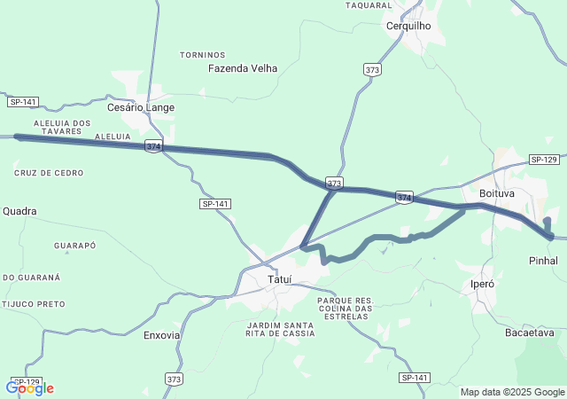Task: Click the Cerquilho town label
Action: [408, 26]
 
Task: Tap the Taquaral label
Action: [369, 5]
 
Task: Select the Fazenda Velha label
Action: [243, 68]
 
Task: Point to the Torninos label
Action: [203, 55]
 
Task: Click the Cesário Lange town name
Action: [141, 107]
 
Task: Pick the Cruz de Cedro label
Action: [49, 173]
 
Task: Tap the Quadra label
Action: [20, 211]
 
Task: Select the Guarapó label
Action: [74, 245]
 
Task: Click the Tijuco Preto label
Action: [34, 304]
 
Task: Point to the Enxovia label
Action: [162, 336]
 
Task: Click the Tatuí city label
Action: [280, 280]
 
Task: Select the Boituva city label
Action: [497, 193]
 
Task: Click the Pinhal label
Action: [543, 262]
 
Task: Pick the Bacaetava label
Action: [529, 333]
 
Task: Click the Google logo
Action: [30, 387]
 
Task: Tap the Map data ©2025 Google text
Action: [512, 392]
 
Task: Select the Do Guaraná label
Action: [32, 278]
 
